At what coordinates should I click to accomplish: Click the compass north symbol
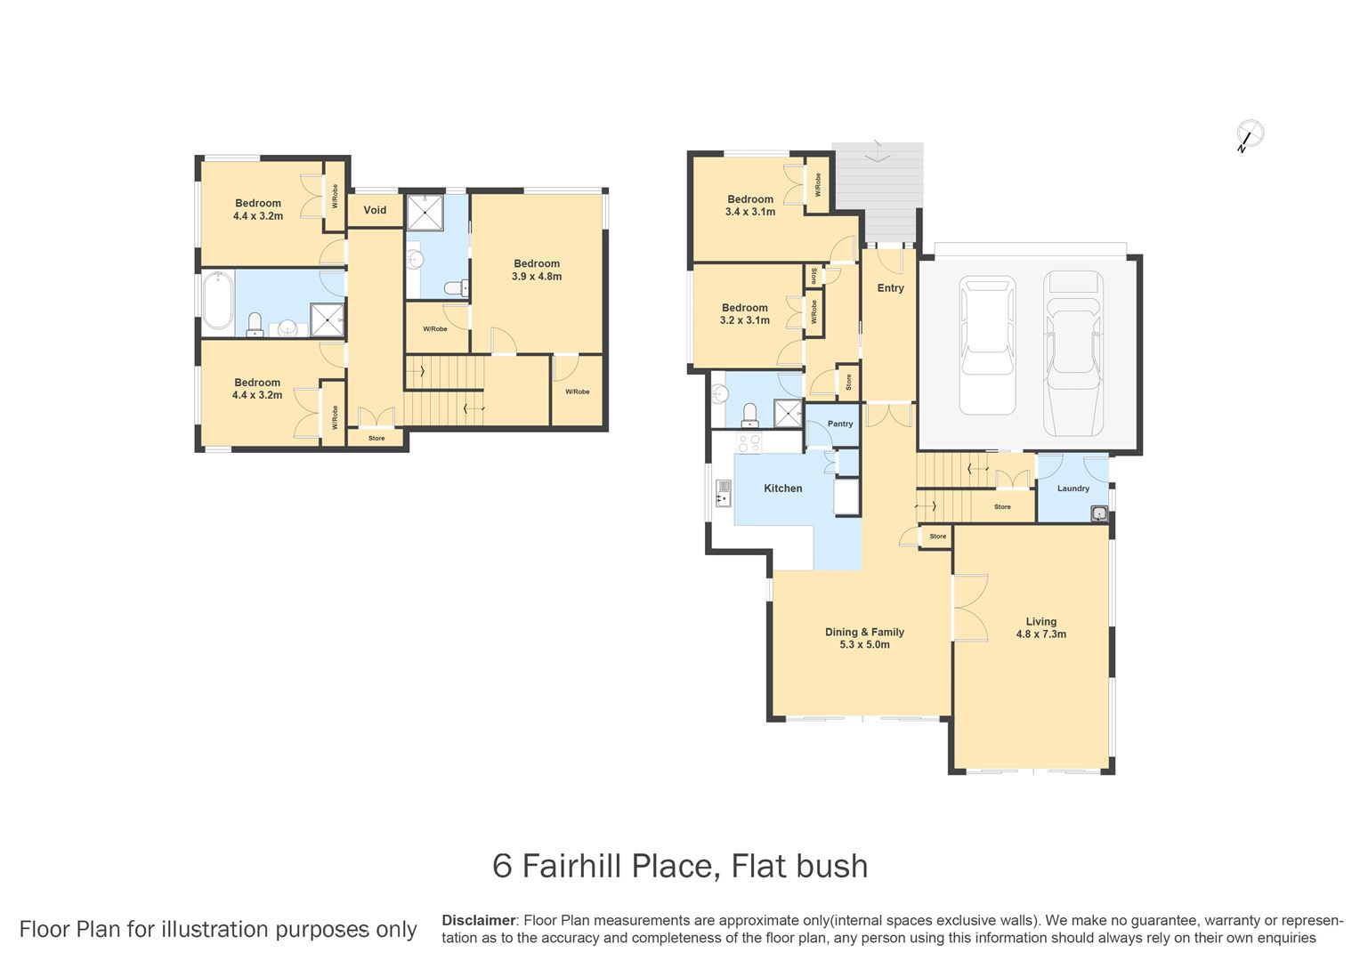(1250, 134)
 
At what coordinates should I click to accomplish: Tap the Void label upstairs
(375, 210)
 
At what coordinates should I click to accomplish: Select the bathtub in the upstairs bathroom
(218, 303)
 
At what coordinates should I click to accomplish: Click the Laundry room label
(1073, 489)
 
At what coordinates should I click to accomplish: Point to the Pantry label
(839, 424)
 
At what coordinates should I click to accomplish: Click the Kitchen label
(782, 489)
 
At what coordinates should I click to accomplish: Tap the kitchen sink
(723, 493)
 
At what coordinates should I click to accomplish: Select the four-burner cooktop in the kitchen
(749, 442)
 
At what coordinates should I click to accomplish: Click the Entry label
(890, 288)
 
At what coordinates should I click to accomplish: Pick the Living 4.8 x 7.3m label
(1040, 628)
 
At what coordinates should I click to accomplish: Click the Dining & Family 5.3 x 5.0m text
(863, 638)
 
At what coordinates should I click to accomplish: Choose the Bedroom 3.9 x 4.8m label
(537, 270)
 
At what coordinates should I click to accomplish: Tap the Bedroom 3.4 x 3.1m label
(749, 206)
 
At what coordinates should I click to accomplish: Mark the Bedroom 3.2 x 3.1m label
(744, 314)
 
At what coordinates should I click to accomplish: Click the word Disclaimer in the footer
(478, 920)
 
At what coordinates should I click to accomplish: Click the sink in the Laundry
(1099, 513)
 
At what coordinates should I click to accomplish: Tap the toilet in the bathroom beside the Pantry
(750, 414)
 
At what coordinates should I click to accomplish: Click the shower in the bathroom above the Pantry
(787, 414)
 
